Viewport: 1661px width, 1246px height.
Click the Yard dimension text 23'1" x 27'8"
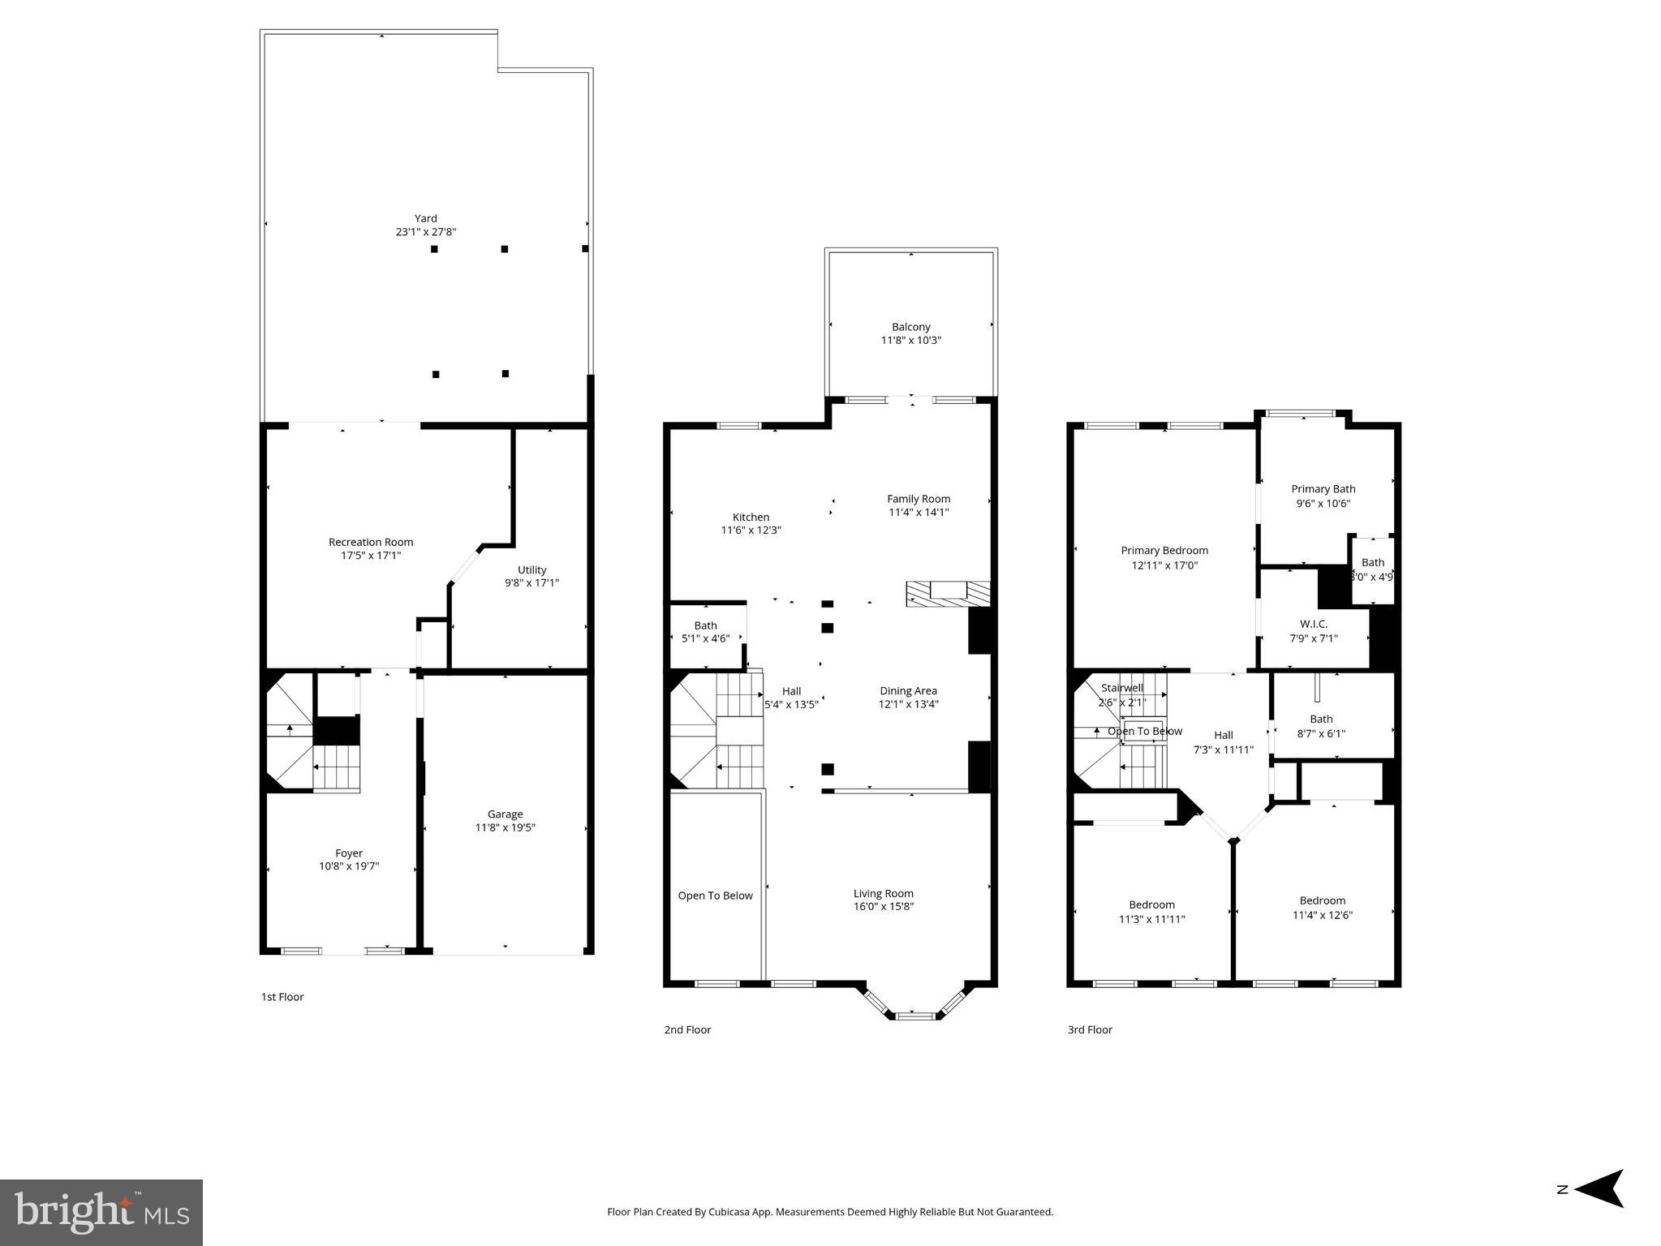pos(425,232)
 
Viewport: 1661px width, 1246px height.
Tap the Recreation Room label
pos(371,542)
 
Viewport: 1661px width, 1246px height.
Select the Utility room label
pos(531,569)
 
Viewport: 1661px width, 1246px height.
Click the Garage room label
pos(505,814)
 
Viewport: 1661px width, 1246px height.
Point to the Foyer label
pos(349,853)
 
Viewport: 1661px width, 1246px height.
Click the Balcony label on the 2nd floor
pos(910,327)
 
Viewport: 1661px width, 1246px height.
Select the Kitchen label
pos(751,517)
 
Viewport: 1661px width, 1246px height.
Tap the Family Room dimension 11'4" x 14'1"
pos(918,512)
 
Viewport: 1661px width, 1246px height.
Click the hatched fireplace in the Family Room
pos(948,594)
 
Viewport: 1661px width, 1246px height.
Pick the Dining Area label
pos(908,690)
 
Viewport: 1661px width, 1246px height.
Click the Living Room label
pos(883,893)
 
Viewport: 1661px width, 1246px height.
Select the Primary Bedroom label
pos(1164,550)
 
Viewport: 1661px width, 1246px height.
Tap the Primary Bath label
pos(1323,488)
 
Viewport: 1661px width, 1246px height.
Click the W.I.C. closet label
pos(1313,623)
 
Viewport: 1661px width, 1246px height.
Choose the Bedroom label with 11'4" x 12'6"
pos(1322,900)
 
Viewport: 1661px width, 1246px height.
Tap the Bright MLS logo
pos(101,1212)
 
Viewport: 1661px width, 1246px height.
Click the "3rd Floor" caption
pos(1089,1029)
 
